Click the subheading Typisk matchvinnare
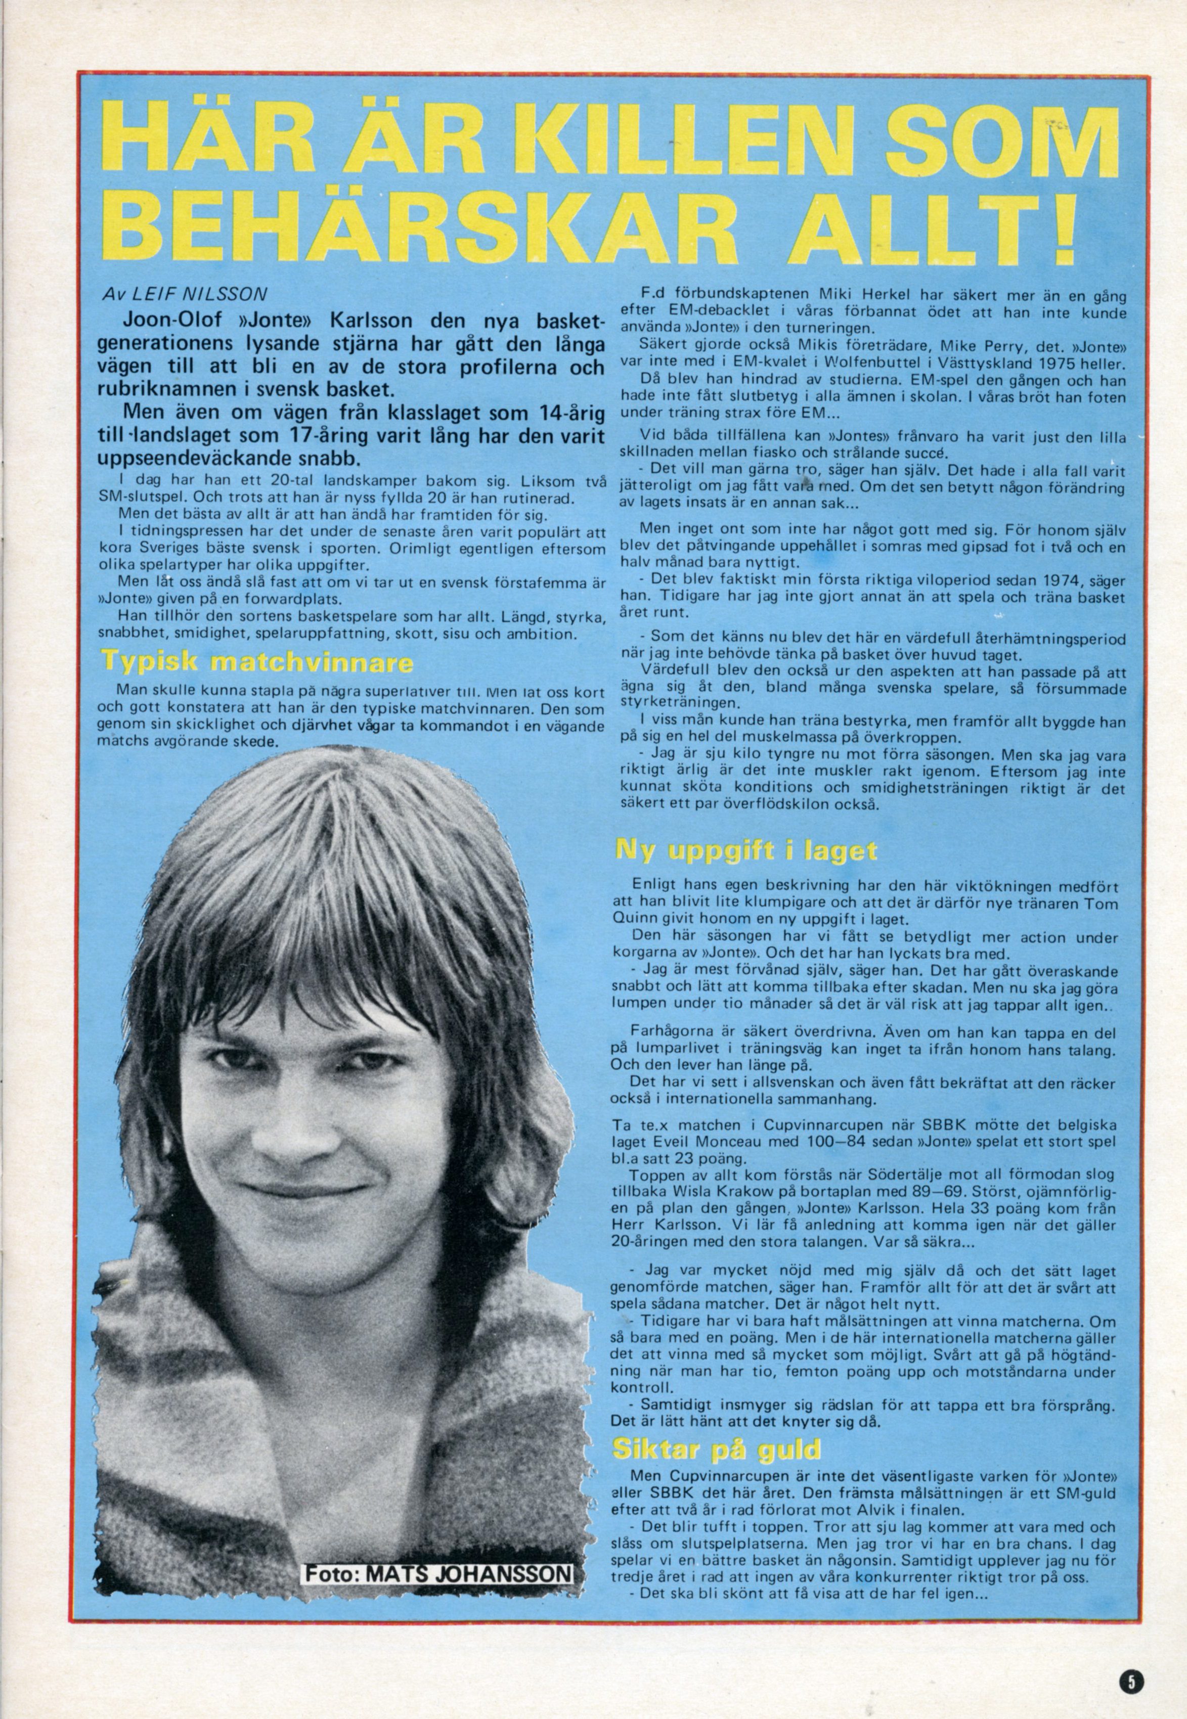tap(256, 661)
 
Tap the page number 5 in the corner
tap(1133, 1653)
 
